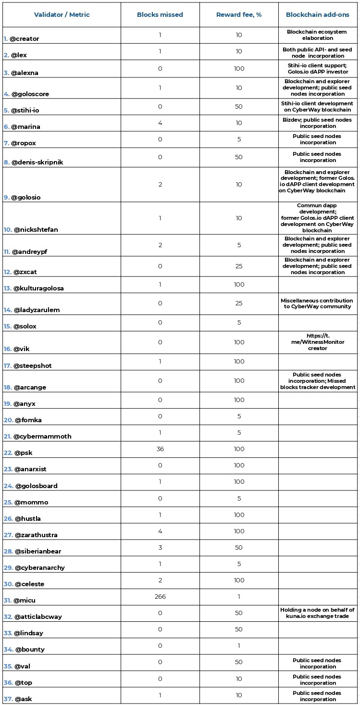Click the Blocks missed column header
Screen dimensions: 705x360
[x=160, y=15]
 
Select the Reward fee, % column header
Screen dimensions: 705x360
[x=239, y=15]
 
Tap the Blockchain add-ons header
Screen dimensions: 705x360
[x=317, y=15]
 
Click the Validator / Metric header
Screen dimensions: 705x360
[x=62, y=15]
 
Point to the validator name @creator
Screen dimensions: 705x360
[x=25, y=39]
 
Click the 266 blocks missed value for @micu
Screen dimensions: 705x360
[x=160, y=597]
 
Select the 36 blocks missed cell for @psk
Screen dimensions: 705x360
[x=160, y=449]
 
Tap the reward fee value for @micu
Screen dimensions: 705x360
[x=239, y=597]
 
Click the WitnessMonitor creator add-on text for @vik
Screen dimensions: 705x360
[x=317, y=342]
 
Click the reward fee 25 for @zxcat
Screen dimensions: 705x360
[x=239, y=266]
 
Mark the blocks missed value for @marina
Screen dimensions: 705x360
[x=160, y=123]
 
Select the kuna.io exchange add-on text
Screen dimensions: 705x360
[x=317, y=613]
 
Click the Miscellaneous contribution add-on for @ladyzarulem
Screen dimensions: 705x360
[x=317, y=303]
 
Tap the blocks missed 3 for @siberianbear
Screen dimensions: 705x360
[x=160, y=548]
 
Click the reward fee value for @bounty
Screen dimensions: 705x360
[x=239, y=646]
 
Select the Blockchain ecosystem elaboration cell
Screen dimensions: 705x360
[x=317, y=35]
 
